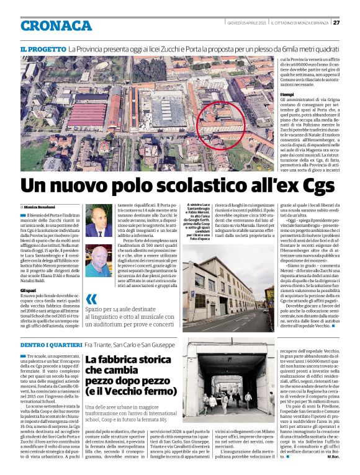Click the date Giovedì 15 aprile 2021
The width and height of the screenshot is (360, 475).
click(x=246, y=23)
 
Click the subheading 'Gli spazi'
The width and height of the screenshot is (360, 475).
click(x=28, y=290)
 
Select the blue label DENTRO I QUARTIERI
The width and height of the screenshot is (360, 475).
click(x=51, y=344)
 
